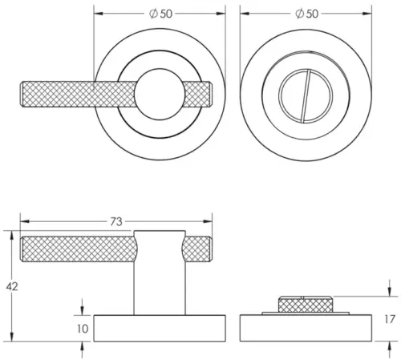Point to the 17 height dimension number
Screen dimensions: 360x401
point(391,319)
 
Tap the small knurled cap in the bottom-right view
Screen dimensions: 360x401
point(305,303)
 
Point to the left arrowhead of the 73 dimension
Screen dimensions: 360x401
point(22,220)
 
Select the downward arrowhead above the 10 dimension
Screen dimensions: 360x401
point(83,312)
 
